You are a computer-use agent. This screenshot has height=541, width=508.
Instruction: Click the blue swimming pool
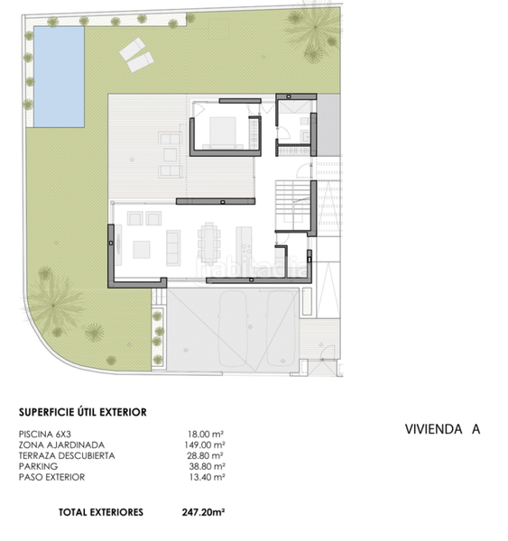[x=59, y=77]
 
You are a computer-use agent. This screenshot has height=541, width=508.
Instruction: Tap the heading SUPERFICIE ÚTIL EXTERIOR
[x=83, y=412]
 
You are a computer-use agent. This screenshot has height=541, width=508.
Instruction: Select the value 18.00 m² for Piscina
[x=206, y=434]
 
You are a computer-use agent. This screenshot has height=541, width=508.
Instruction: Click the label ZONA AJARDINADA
[x=62, y=445]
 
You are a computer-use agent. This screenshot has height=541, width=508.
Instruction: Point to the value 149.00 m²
[x=205, y=445]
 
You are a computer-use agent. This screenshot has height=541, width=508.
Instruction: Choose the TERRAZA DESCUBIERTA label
[x=67, y=455]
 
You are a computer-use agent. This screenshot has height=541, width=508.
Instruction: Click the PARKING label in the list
[x=38, y=466]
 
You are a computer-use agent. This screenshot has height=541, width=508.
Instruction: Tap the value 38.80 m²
[x=207, y=466]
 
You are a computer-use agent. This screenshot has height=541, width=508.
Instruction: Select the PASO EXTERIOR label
[x=51, y=477]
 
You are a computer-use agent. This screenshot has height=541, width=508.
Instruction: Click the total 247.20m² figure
[x=203, y=512]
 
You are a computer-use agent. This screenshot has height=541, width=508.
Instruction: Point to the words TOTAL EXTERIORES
[x=101, y=512]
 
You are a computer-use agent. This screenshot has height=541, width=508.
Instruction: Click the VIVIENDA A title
[x=442, y=429]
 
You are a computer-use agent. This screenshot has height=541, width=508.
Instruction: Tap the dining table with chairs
[x=209, y=243]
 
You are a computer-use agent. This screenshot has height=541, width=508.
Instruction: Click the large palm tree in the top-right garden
[x=315, y=27]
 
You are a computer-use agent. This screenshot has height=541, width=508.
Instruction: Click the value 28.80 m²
[x=205, y=455]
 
